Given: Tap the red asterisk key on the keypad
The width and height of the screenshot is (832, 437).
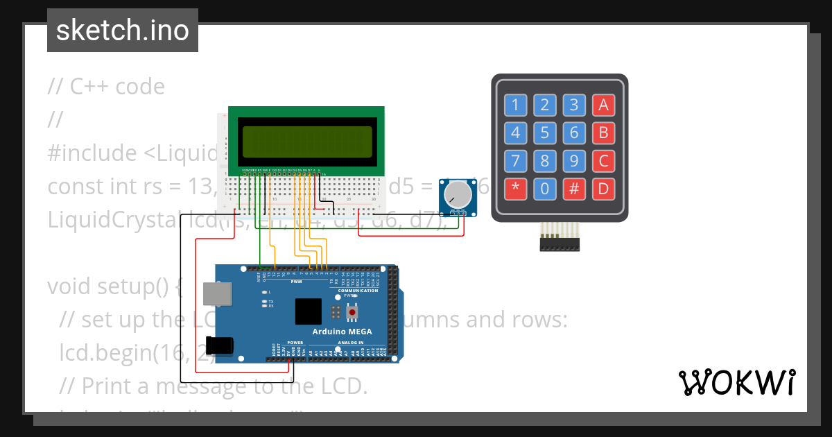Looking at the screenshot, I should [x=515, y=188].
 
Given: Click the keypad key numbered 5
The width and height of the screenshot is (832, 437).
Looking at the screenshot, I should [x=545, y=132].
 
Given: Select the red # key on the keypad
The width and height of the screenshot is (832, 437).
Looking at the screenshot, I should [x=574, y=188].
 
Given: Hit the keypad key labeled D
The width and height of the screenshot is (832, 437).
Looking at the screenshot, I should [x=603, y=188].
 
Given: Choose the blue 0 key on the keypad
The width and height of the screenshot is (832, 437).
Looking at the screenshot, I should [x=545, y=188].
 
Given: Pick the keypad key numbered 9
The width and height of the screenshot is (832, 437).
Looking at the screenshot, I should [x=574, y=161].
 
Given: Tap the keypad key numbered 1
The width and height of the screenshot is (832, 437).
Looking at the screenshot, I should [x=515, y=105].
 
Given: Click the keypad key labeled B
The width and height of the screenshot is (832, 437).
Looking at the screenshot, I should [x=603, y=132].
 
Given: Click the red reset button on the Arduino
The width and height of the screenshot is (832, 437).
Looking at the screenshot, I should [x=352, y=313].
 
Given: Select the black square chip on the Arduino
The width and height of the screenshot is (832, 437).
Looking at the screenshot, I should [x=308, y=311].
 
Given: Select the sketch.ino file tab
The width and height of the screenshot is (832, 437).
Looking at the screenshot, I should [x=123, y=31].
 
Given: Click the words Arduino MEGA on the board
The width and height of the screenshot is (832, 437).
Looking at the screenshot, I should [x=342, y=332].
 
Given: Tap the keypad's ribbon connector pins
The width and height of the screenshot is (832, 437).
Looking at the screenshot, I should [x=560, y=239].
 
